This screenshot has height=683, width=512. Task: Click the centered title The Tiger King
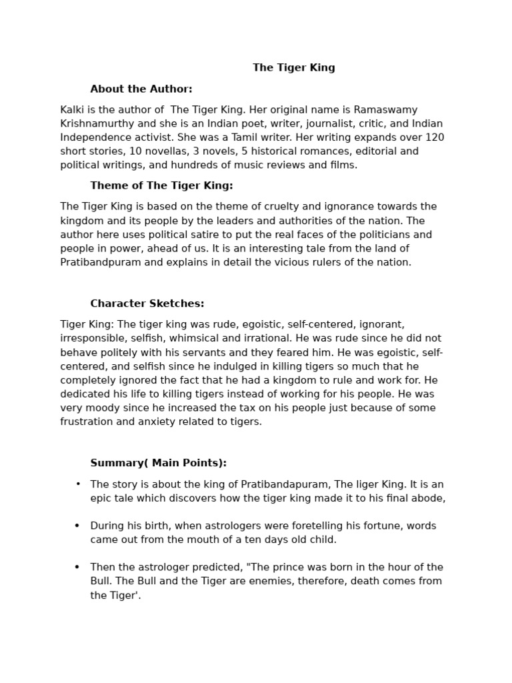click(293, 67)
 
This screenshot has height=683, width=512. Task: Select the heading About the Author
click(141, 89)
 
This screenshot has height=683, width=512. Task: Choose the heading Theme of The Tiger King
click(161, 185)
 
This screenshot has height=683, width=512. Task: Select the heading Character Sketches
click(147, 303)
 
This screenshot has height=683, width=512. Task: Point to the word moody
click(99, 408)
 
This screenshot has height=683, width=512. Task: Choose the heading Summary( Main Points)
click(159, 463)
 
